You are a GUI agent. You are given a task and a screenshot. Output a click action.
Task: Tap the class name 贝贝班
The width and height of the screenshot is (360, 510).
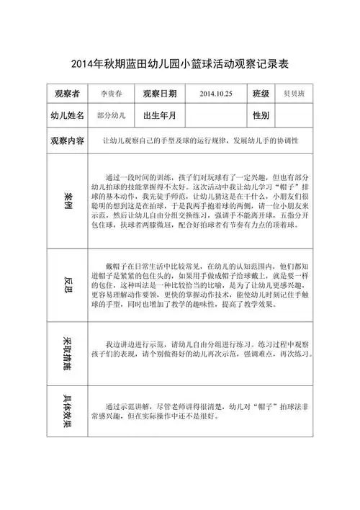click(296, 94)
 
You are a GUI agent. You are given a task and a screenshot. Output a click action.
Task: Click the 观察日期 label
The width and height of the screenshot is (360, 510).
click(160, 94)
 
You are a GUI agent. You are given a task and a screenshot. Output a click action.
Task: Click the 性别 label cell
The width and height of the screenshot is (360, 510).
click(261, 115)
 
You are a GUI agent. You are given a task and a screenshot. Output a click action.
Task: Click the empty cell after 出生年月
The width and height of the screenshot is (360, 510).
click(215, 115)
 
